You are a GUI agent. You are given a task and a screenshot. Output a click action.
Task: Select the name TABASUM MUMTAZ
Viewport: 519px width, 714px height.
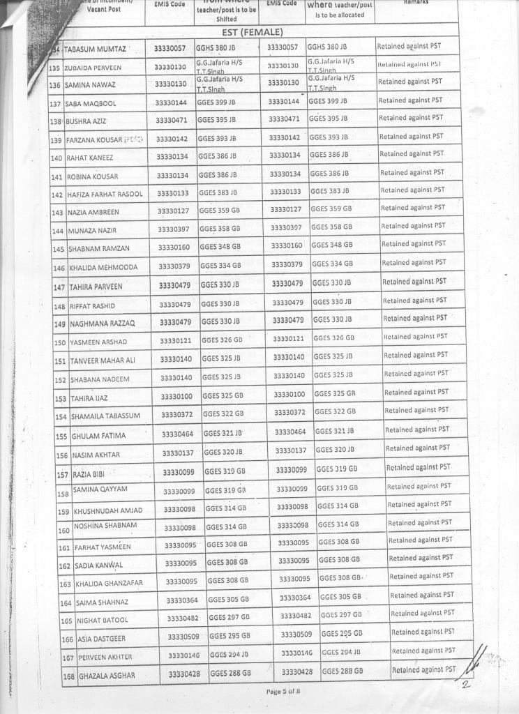pos(96,49)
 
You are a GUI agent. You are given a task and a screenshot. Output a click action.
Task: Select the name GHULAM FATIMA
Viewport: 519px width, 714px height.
pos(99,436)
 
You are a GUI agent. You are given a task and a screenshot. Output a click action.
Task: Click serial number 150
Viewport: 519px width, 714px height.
pos(60,342)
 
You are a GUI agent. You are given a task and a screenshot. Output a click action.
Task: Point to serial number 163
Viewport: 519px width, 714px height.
pos(66,584)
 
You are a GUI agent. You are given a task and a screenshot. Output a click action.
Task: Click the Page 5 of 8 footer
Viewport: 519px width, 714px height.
pos(283,691)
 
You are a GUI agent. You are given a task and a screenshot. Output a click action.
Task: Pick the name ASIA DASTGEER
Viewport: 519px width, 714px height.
pos(103,639)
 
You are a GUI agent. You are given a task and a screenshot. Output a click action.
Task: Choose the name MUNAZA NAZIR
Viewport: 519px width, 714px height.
pos(93,230)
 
